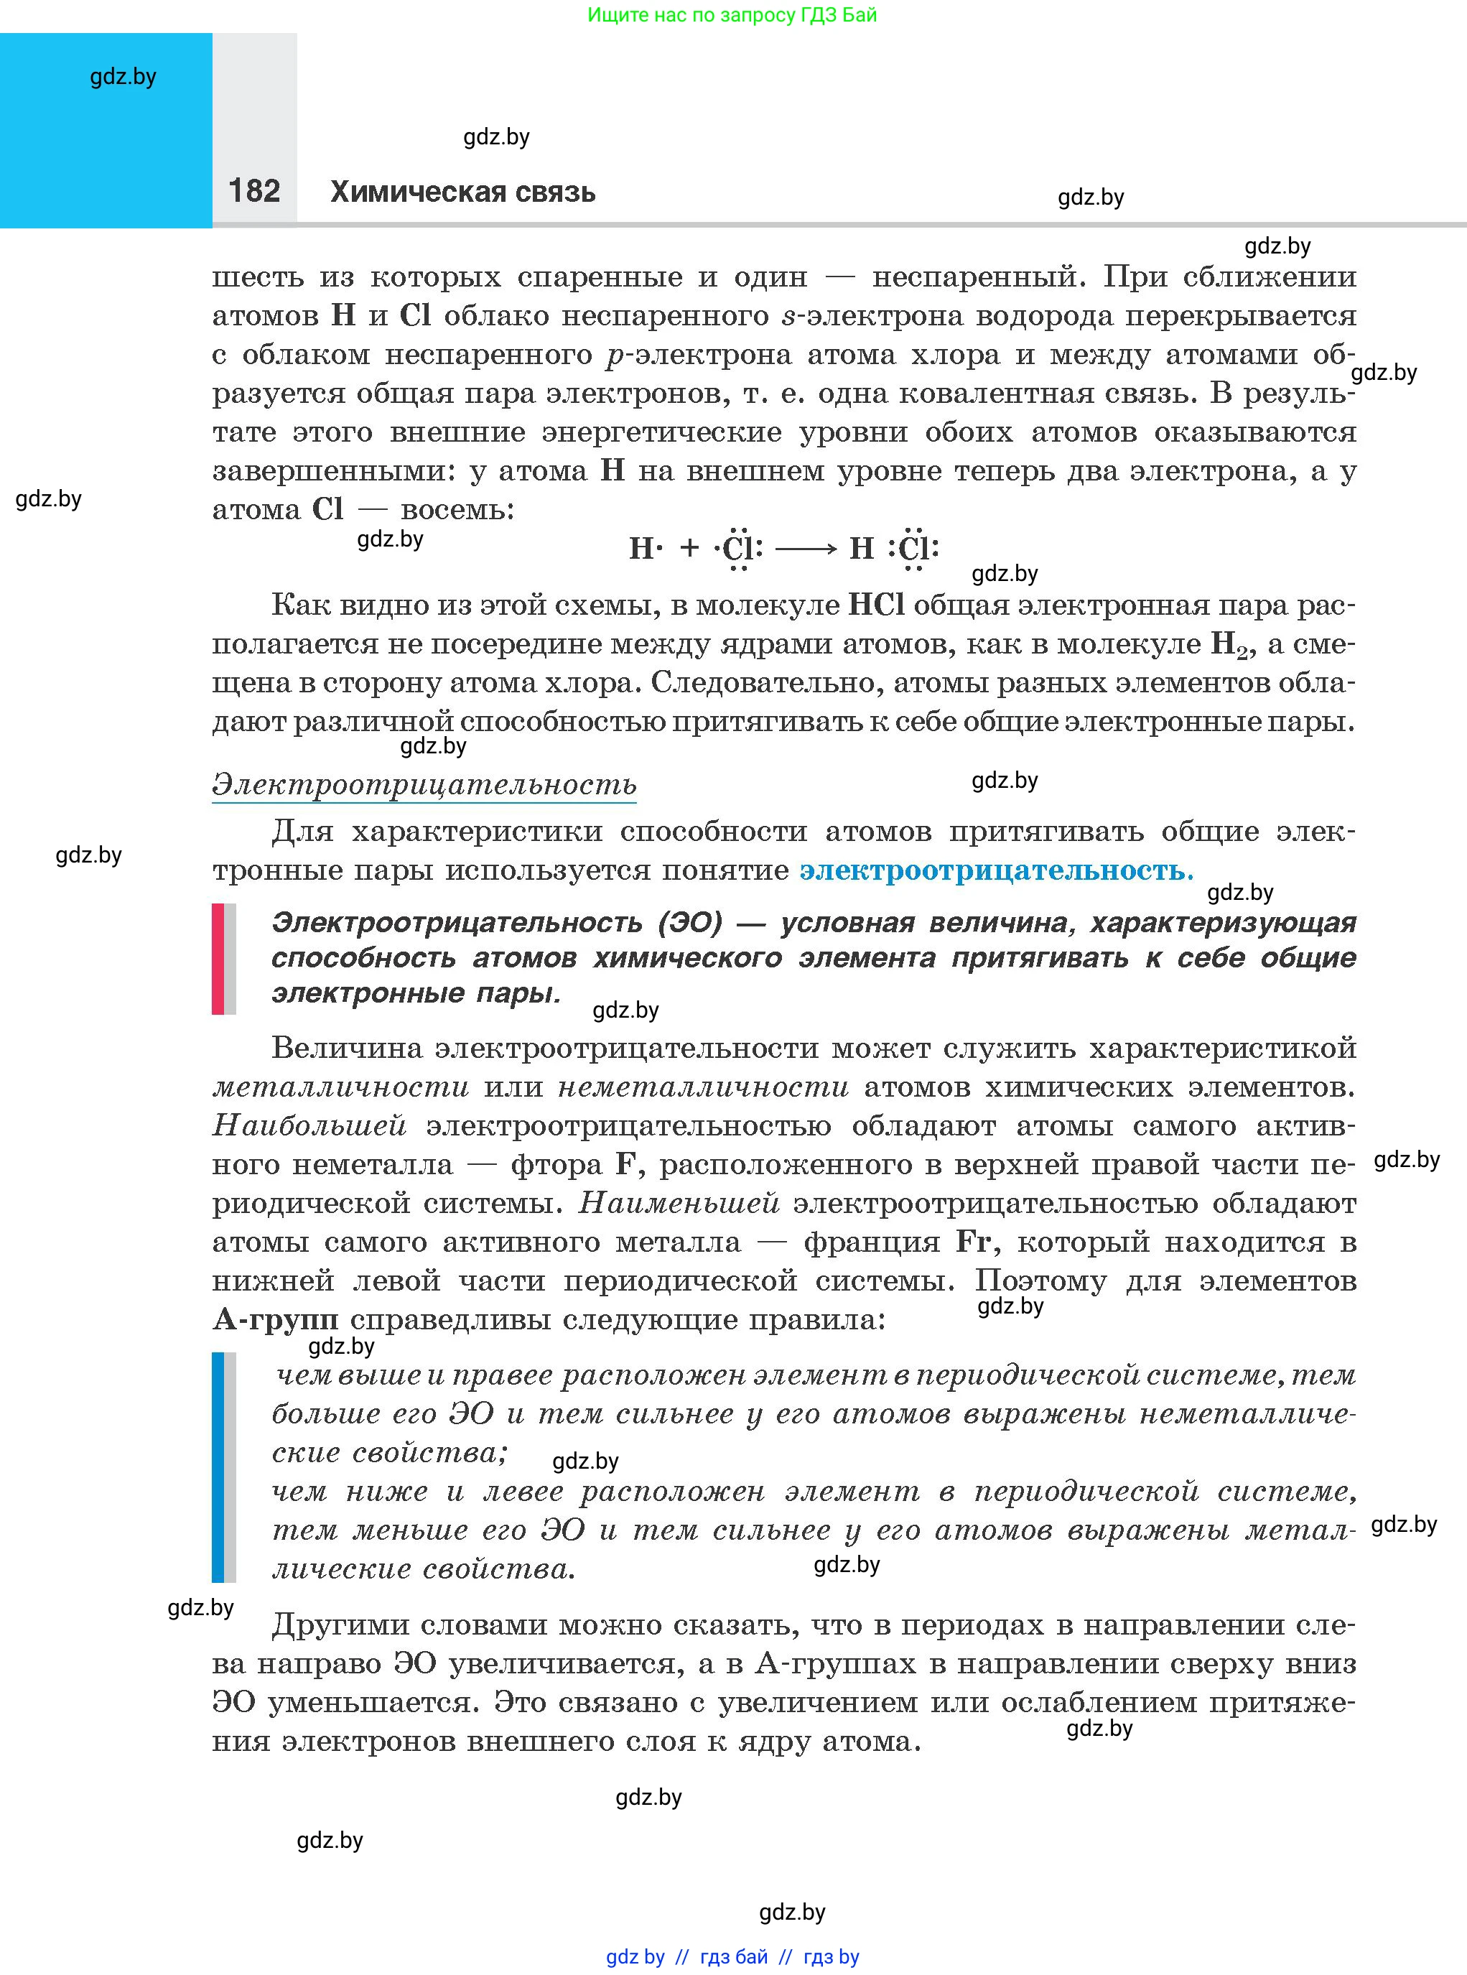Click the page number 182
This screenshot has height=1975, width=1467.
(254, 191)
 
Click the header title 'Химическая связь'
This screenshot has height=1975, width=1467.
(462, 192)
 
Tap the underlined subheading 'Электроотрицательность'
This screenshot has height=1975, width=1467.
(424, 785)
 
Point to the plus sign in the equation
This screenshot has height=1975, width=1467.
(689, 548)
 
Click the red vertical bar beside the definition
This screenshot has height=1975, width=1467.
(218, 958)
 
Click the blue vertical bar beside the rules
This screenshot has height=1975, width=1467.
(218, 1467)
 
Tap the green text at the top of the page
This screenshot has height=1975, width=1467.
(732, 15)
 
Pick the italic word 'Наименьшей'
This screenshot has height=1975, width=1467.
(679, 1203)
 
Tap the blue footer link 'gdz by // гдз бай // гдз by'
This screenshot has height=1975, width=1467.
(732, 1956)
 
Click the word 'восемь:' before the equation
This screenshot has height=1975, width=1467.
(457, 511)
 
